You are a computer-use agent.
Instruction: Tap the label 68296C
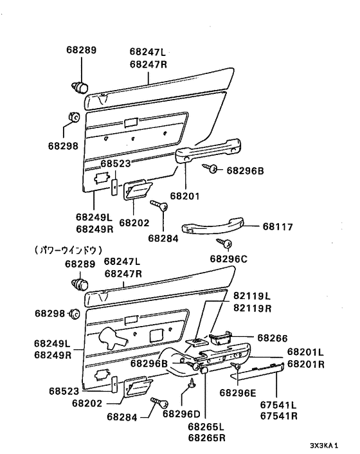[x=228, y=259]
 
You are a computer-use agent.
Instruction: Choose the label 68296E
[x=238, y=392]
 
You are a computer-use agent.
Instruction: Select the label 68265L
[x=206, y=426]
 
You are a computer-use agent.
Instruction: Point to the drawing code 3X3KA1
[x=324, y=445]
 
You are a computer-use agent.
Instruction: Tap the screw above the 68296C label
[x=227, y=244]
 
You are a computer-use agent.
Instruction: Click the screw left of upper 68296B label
[x=213, y=168]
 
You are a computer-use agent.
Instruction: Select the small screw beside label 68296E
[x=237, y=367]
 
